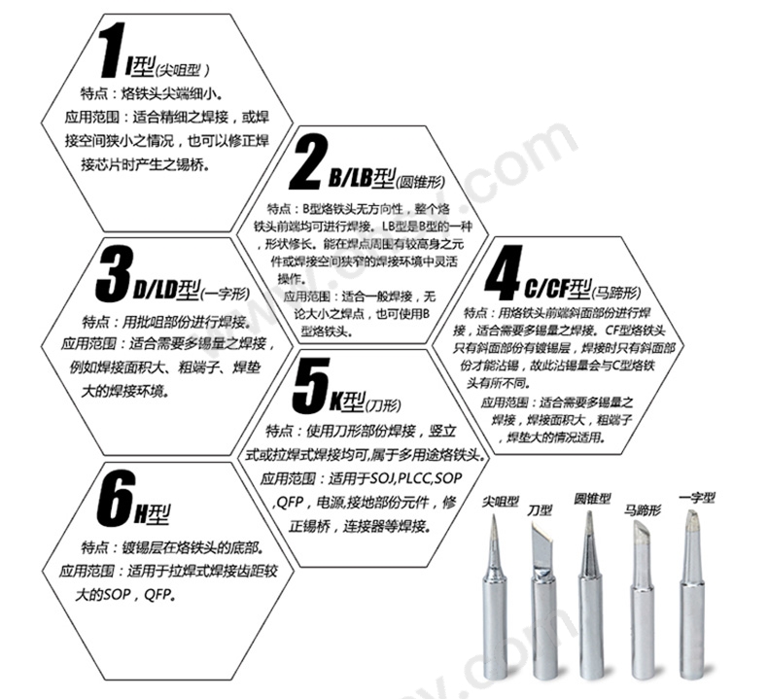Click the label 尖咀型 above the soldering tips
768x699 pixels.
point(501,504)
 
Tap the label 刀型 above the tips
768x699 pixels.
point(540,509)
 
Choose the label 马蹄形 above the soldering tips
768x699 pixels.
point(643,509)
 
